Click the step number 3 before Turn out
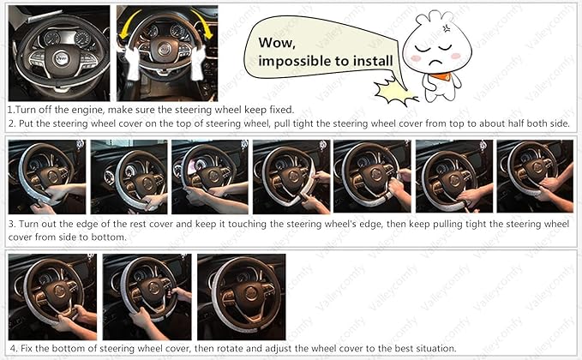(11, 224)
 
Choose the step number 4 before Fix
(11, 349)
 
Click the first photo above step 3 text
(46, 177)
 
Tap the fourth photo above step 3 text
(291, 177)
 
